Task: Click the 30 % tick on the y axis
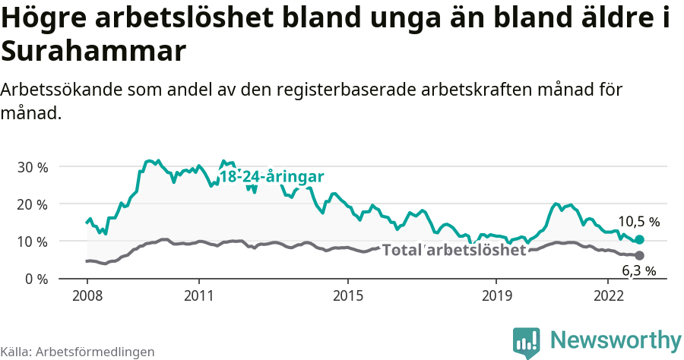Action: pos(31,166)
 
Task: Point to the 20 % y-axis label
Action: pos(31,204)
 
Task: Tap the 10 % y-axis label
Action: pos(31,242)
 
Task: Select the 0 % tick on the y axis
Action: pos(35,279)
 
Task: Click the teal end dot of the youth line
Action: pos(639,239)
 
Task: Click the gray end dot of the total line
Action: pos(639,255)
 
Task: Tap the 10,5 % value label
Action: pos(638,222)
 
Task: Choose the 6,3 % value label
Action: pos(638,270)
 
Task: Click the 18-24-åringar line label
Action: pos(271,177)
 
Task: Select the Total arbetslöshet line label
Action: pos(453,250)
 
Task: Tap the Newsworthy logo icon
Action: pos(526,343)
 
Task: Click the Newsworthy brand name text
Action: pos(616,339)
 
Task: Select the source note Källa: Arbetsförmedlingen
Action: pos(78,352)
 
